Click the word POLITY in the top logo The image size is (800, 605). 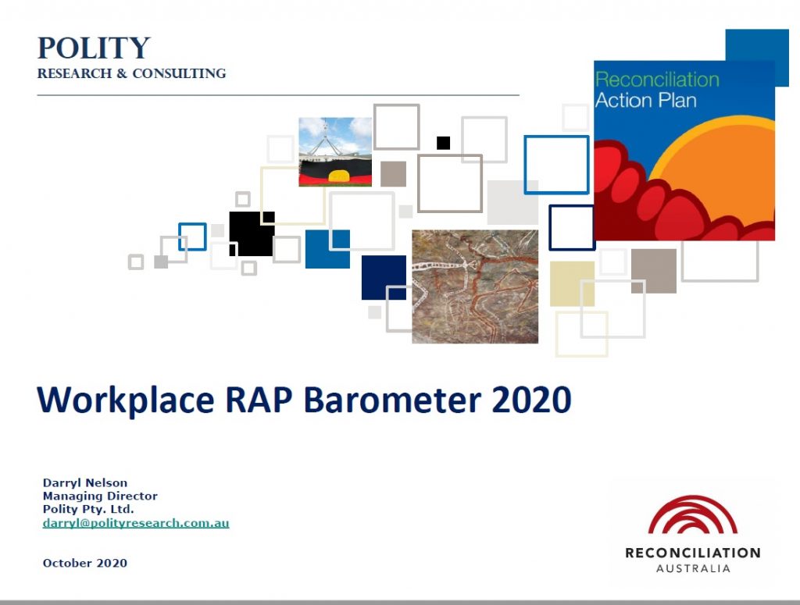94,48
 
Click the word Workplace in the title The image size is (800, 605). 125,400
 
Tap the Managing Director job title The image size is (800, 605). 100,496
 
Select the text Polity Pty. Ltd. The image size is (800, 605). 88,509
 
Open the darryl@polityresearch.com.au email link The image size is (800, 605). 136,523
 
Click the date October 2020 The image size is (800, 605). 85,563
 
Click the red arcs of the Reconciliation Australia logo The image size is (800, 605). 693,516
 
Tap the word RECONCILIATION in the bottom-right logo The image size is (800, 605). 693,553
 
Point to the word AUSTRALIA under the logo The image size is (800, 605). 693,568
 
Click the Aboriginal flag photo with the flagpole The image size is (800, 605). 335,152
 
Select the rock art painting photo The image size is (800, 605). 475,286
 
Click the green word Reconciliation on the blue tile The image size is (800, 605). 656,80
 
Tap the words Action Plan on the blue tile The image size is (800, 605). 645,100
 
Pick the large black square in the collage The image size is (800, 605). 251,233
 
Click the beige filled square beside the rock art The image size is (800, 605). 572,283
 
